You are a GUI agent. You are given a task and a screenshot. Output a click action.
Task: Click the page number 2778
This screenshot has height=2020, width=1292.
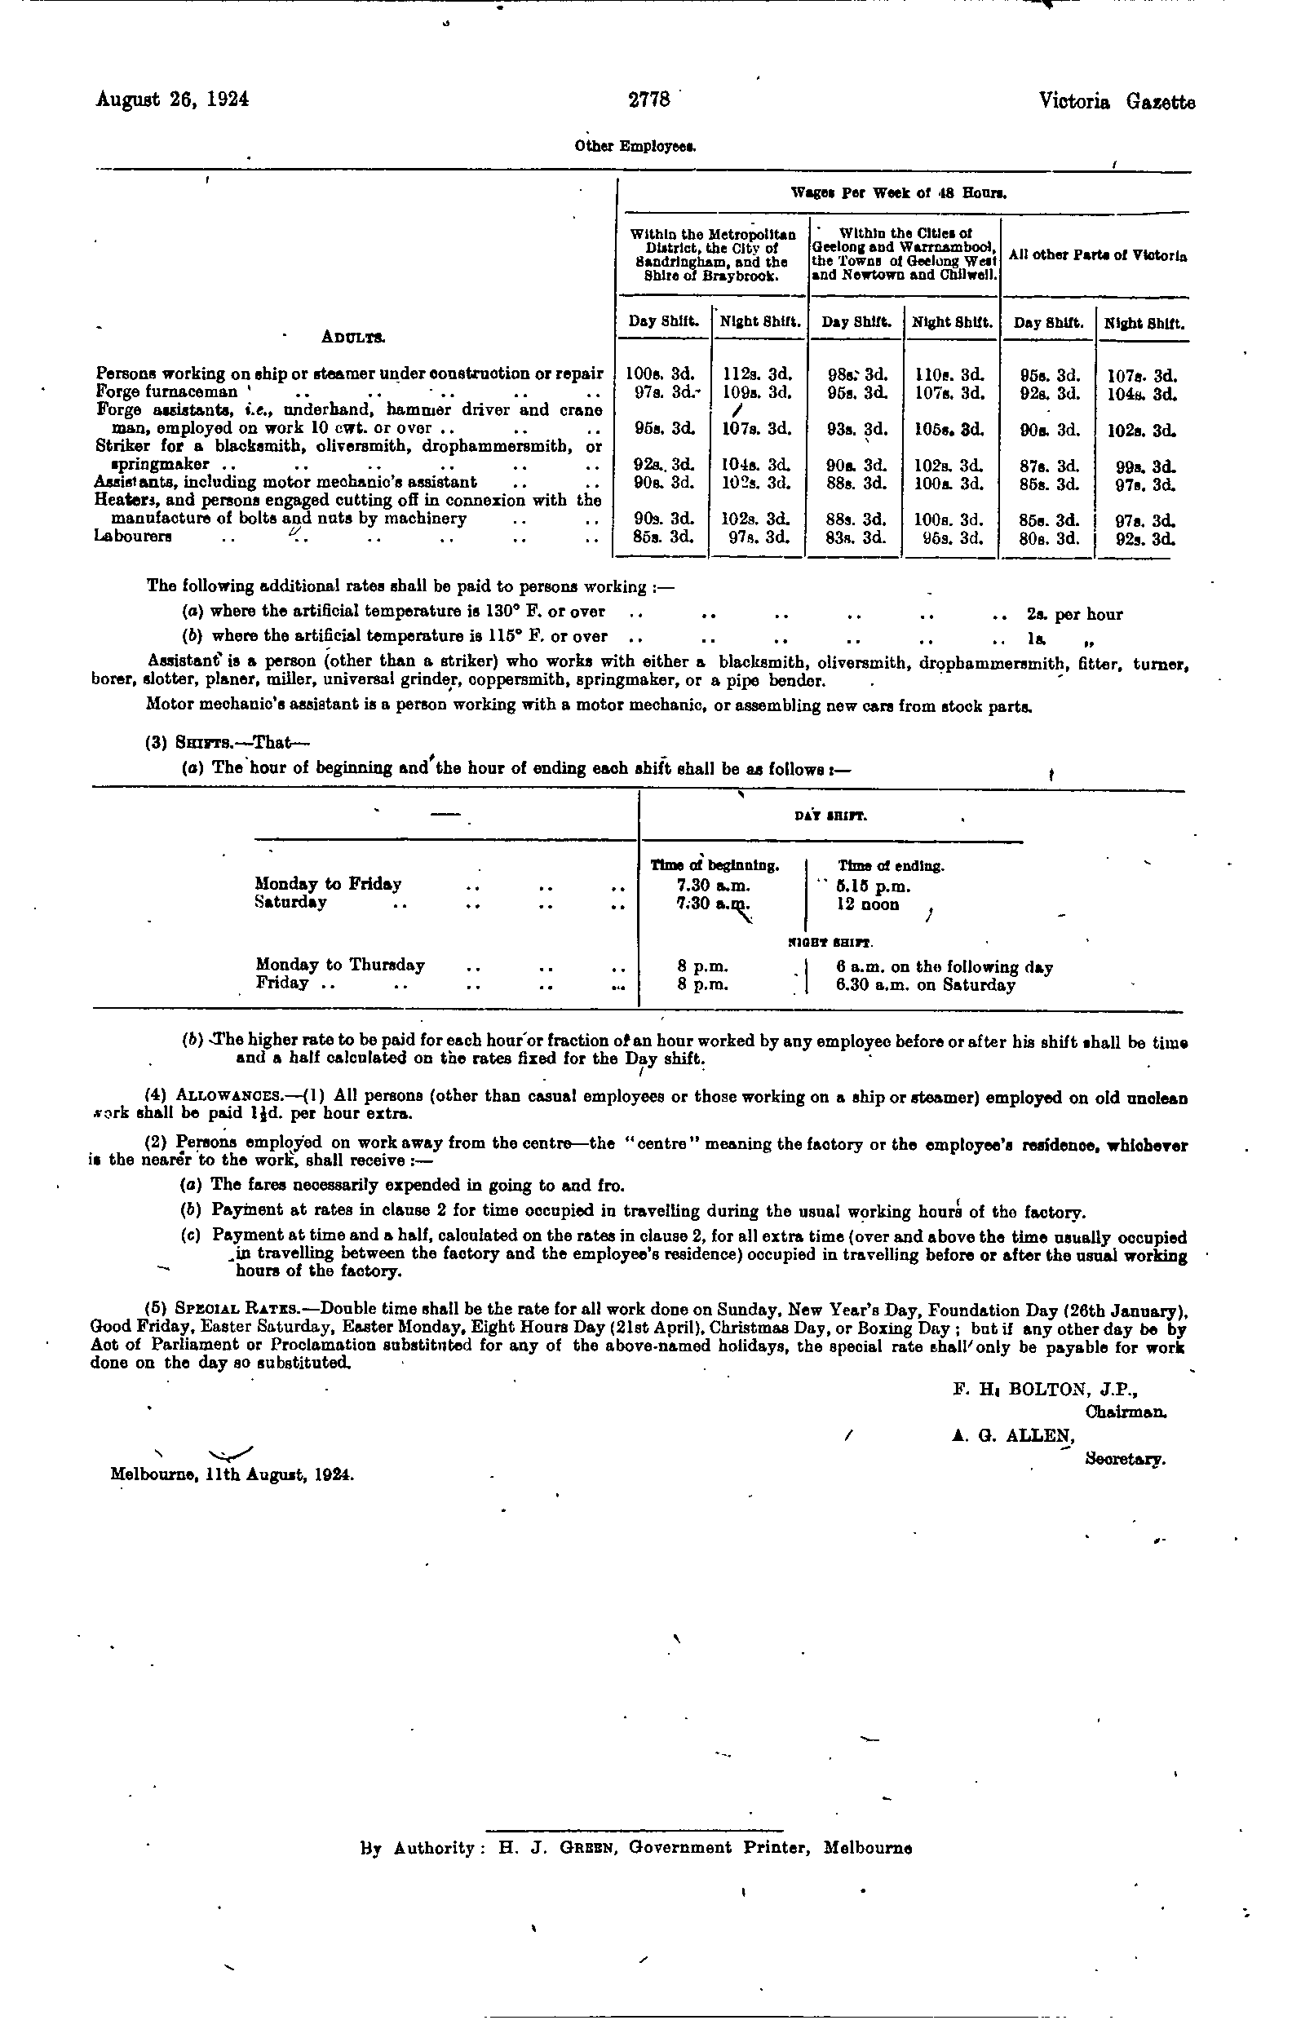(649, 100)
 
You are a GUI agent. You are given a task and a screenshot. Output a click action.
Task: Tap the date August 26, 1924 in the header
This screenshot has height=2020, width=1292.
(173, 99)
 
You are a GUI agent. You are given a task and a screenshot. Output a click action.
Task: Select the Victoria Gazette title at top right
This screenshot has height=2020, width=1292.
(1117, 102)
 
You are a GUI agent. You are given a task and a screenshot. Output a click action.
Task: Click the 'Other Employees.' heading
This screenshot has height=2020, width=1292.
(636, 146)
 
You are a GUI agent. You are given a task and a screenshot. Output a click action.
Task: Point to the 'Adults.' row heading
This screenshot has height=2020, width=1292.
(353, 338)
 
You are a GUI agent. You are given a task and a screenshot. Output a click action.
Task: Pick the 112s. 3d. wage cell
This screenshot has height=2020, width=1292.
(757, 374)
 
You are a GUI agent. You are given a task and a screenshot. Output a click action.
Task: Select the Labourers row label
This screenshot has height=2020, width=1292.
(133, 537)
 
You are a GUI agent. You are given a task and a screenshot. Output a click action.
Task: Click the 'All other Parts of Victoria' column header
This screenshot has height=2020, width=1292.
(1097, 256)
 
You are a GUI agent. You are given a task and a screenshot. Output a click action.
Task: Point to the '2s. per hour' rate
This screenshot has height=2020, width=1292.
(1074, 614)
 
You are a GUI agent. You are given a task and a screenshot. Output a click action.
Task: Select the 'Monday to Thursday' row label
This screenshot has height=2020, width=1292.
(340, 965)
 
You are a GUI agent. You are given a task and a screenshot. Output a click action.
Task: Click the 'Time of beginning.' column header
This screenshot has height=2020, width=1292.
(715, 866)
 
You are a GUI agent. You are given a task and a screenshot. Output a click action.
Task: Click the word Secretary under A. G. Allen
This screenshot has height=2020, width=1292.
(1125, 1459)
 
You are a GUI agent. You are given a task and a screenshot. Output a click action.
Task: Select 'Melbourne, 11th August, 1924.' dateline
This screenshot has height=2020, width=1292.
(232, 1474)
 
